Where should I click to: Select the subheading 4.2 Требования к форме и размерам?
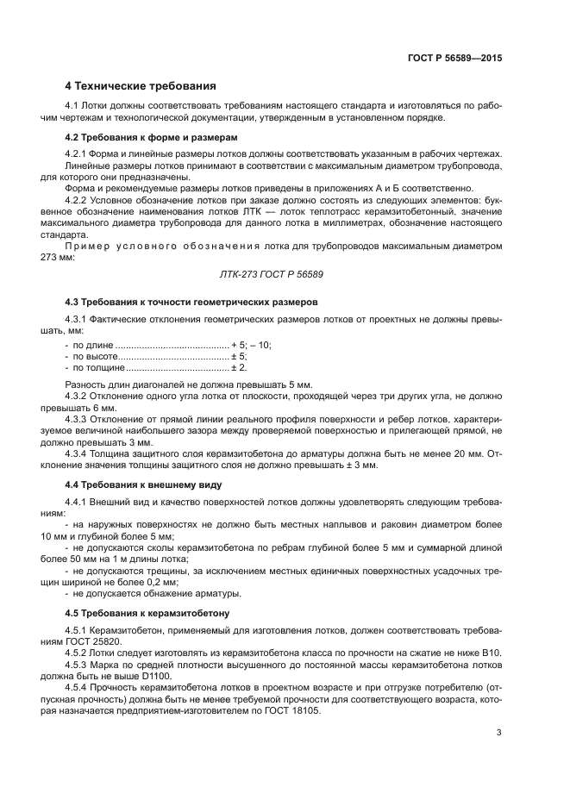pyautogui.click(x=152, y=137)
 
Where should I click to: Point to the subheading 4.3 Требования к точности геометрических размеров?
pyautogui.click(x=191, y=302)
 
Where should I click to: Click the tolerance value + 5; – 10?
pyautogui.click(x=251, y=345)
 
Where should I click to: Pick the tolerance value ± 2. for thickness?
pyautogui.click(x=239, y=368)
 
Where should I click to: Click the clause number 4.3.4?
pyautogui.click(x=78, y=453)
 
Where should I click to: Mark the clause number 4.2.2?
pyautogui.click(x=78, y=198)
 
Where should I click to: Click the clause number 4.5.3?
pyautogui.click(x=78, y=665)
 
